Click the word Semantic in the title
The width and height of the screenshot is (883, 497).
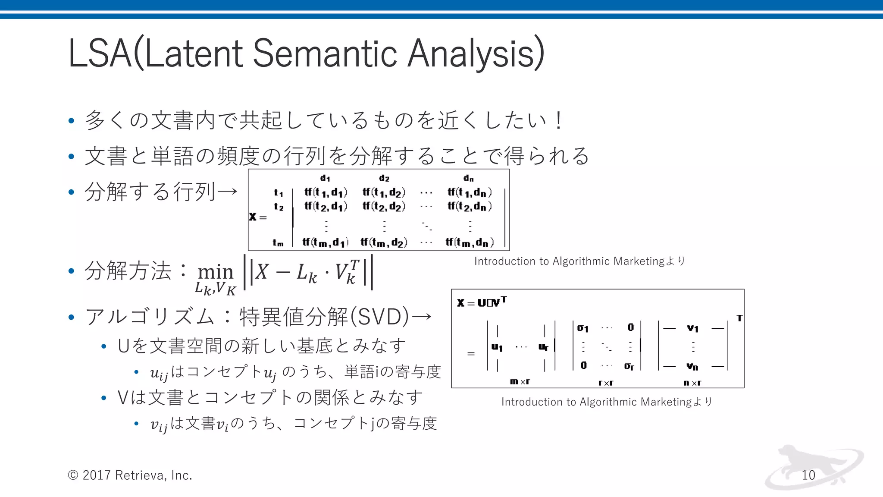coord(324,53)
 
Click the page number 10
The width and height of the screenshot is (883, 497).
coord(808,475)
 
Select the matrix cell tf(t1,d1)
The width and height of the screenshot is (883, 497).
coord(326,192)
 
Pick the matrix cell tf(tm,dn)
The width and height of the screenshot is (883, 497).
coord(470,242)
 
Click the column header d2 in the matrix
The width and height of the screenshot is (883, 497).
coord(384,178)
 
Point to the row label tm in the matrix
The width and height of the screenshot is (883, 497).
coord(278,243)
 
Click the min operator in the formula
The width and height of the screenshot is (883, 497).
coord(215,272)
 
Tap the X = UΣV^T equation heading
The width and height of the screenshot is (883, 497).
coord(482,302)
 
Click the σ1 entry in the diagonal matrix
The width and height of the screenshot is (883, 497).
coord(582,328)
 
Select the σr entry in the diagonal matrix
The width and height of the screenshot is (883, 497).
coord(629,366)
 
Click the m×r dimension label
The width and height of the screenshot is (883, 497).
coord(520,381)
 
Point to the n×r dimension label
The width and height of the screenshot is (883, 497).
coord(692,383)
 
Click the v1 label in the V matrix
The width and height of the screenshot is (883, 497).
coord(693,328)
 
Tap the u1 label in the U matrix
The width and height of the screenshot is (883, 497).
coord(497,347)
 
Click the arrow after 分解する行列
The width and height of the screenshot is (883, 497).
coord(227,191)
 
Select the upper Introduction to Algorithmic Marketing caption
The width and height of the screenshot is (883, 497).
coord(579,261)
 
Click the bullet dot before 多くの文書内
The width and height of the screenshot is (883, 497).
coord(72,121)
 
